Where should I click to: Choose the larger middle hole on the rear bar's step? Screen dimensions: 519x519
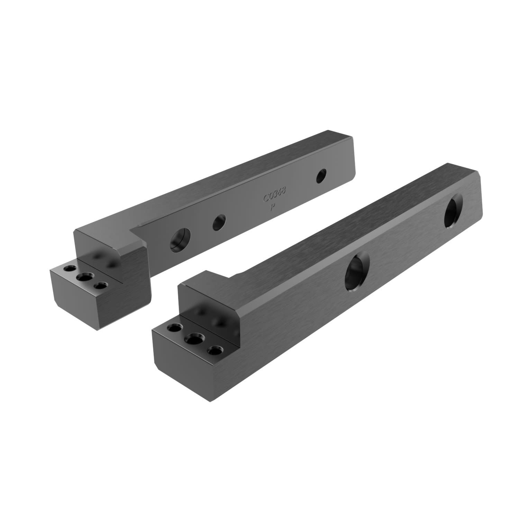click(84, 277)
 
